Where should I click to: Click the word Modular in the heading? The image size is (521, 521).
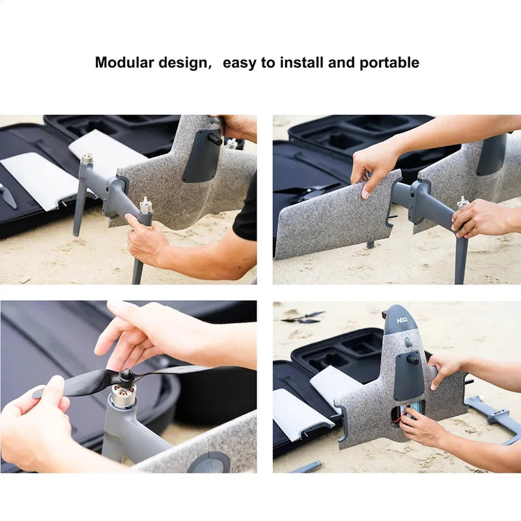click(x=124, y=63)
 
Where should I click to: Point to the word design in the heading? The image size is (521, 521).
click(x=183, y=63)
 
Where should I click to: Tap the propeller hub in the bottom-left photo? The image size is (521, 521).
click(x=126, y=376)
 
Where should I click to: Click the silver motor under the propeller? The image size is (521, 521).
click(x=123, y=395)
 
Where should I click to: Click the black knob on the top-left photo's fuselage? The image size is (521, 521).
click(x=215, y=139)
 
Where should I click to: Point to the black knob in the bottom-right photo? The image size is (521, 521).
click(x=413, y=359)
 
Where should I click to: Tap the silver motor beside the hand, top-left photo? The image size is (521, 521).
click(x=145, y=205)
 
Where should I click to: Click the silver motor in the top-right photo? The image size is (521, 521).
click(x=462, y=202)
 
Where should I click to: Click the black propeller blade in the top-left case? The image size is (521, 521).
click(x=7, y=195)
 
